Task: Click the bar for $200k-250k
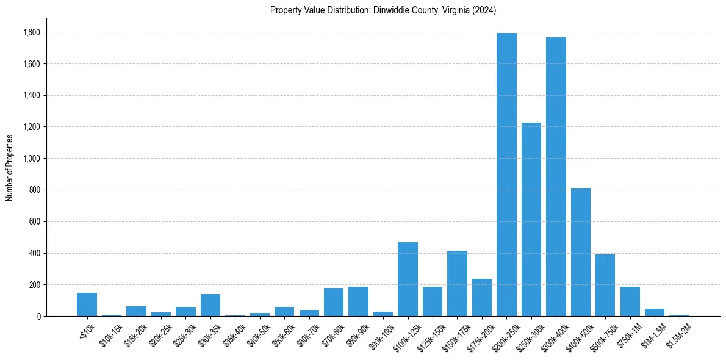tap(506, 175)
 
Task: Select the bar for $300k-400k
tap(556, 177)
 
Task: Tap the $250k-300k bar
tap(531, 220)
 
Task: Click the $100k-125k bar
tap(408, 279)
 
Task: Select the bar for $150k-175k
tap(457, 284)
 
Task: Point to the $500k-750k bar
tap(605, 286)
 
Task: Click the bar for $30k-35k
tap(210, 305)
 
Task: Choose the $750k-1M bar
tap(630, 301)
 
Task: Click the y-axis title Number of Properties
tap(9, 167)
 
